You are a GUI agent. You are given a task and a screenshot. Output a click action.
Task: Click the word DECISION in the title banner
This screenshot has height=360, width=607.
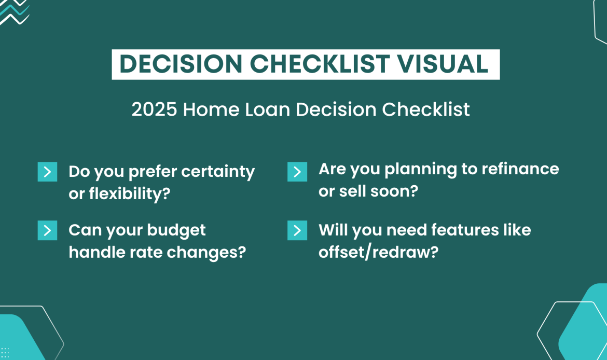tap(181, 64)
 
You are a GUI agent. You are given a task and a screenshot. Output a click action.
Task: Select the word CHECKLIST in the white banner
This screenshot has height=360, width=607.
tap(320, 64)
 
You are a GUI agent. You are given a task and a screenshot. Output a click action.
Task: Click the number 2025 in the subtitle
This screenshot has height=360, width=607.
tap(154, 109)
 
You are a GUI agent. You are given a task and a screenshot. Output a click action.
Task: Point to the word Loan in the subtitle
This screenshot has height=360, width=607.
tap(268, 109)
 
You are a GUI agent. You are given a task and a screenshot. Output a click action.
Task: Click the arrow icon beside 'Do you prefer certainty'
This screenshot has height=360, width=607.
tap(47, 172)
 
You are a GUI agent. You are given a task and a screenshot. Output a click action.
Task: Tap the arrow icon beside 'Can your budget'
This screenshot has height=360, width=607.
tap(47, 230)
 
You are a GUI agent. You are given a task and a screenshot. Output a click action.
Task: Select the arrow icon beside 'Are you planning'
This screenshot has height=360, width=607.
tap(297, 172)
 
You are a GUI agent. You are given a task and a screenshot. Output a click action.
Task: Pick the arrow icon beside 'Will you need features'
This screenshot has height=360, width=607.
tap(297, 230)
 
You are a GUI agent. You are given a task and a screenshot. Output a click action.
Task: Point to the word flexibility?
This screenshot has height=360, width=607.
tap(130, 193)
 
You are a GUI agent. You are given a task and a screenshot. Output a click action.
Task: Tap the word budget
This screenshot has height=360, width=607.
tap(176, 230)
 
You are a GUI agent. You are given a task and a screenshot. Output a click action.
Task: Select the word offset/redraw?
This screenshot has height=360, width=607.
tap(379, 253)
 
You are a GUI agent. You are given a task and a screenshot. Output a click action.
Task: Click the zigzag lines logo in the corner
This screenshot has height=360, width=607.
tap(14, 11)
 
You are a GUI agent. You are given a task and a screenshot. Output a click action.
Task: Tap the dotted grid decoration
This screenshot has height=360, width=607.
tap(5, 353)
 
